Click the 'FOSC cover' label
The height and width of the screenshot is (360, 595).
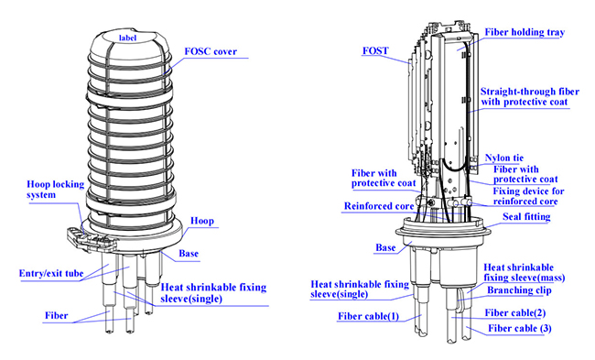211,51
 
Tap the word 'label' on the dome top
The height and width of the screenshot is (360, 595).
127,38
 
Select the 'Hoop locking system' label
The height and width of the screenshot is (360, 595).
56,190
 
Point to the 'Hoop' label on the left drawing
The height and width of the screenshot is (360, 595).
202,221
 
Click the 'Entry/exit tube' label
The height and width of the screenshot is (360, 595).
51,274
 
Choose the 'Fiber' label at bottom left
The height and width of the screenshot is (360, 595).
57,315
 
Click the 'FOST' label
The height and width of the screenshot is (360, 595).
375,51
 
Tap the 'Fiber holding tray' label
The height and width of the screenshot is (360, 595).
525,33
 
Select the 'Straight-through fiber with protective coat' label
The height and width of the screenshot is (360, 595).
530,97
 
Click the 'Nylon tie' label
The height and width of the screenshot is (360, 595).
504,158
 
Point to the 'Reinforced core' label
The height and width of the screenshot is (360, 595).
379,206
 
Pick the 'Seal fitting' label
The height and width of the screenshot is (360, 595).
526,217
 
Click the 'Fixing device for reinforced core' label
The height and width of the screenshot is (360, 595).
528,196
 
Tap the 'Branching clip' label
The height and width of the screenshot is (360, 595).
519,290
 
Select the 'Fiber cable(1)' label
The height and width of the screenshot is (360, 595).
369,316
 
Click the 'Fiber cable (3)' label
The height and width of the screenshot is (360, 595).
520,329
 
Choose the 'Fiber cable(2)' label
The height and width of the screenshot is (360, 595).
515,313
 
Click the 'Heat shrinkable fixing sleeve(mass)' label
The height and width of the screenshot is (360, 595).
524,273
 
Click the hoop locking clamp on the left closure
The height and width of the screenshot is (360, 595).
91,239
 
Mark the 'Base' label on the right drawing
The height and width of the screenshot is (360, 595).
385,248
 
